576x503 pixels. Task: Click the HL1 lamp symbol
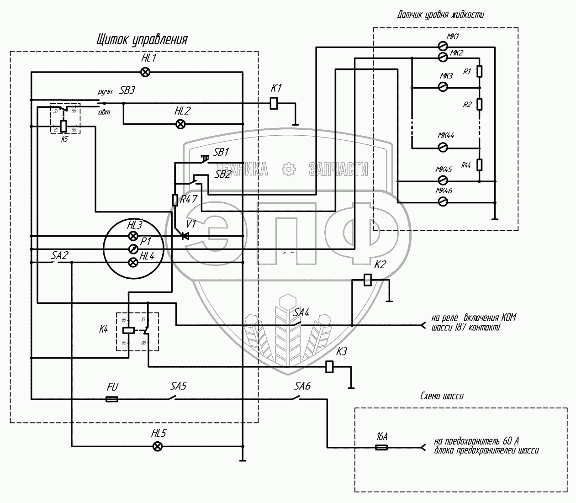click(145, 71)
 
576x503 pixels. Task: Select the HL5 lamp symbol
click(157, 446)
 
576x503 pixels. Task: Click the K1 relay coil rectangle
click(274, 103)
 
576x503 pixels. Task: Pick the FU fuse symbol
click(111, 399)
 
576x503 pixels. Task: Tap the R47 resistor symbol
click(175, 200)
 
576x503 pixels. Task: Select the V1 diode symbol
click(185, 236)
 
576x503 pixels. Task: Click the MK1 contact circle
click(442, 46)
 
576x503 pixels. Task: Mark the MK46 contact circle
click(442, 201)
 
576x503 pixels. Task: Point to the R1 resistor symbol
click(479, 71)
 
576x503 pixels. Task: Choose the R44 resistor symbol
click(479, 164)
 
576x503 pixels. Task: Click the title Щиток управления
click(142, 39)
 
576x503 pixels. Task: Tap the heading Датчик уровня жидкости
click(440, 15)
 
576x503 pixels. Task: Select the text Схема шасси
click(441, 396)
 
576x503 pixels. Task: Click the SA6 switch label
click(302, 386)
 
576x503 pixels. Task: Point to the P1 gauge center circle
click(133, 249)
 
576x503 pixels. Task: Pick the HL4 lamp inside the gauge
click(133, 262)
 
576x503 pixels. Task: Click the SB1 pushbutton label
click(221, 152)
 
